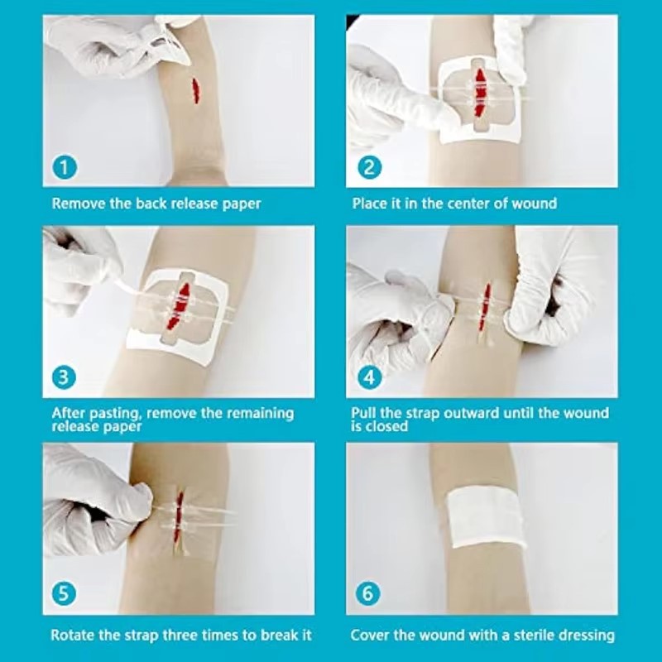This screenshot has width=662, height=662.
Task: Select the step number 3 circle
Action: pos(65,378)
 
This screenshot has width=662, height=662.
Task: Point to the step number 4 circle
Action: pos(369,378)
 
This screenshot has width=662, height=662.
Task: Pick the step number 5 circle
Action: pos(65,593)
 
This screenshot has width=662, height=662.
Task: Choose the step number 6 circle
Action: pos(369,593)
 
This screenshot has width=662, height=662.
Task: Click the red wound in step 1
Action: pos(195,90)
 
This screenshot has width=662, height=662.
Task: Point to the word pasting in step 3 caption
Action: pos(113,413)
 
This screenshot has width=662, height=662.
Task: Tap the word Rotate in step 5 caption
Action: pos(73,636)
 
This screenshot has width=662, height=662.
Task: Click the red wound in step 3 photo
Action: pos(184,307)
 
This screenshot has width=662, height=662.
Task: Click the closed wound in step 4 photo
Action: pos(486,301)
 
